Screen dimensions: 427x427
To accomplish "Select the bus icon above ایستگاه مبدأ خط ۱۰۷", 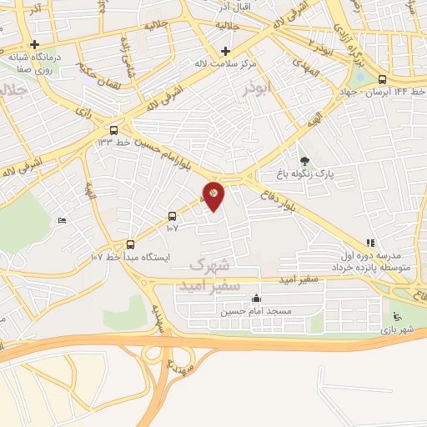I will point(129,244).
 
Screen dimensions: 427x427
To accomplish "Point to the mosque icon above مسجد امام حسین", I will point(256,299).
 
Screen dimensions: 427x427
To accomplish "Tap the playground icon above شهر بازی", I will point(396,316).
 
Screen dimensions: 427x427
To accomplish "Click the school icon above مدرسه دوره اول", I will point(369,243).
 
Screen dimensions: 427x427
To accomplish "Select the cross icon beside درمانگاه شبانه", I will point(34,45).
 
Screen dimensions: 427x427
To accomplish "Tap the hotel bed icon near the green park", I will point(61,221).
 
